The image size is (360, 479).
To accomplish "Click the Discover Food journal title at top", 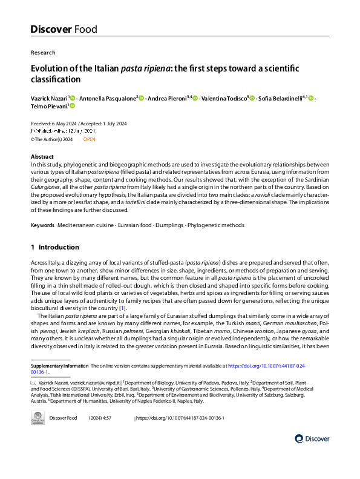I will [x=64, y=29].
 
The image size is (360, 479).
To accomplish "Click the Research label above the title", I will [x=43, y=53].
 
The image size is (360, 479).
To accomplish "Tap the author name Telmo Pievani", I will [x=48, y=106].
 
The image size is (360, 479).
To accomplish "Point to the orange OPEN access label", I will [x=89, y=139].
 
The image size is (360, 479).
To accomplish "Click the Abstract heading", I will [x=42, y=156].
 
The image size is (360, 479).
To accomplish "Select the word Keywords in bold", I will [x=43, y=225].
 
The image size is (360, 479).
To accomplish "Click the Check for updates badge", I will [x=38, y=418].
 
